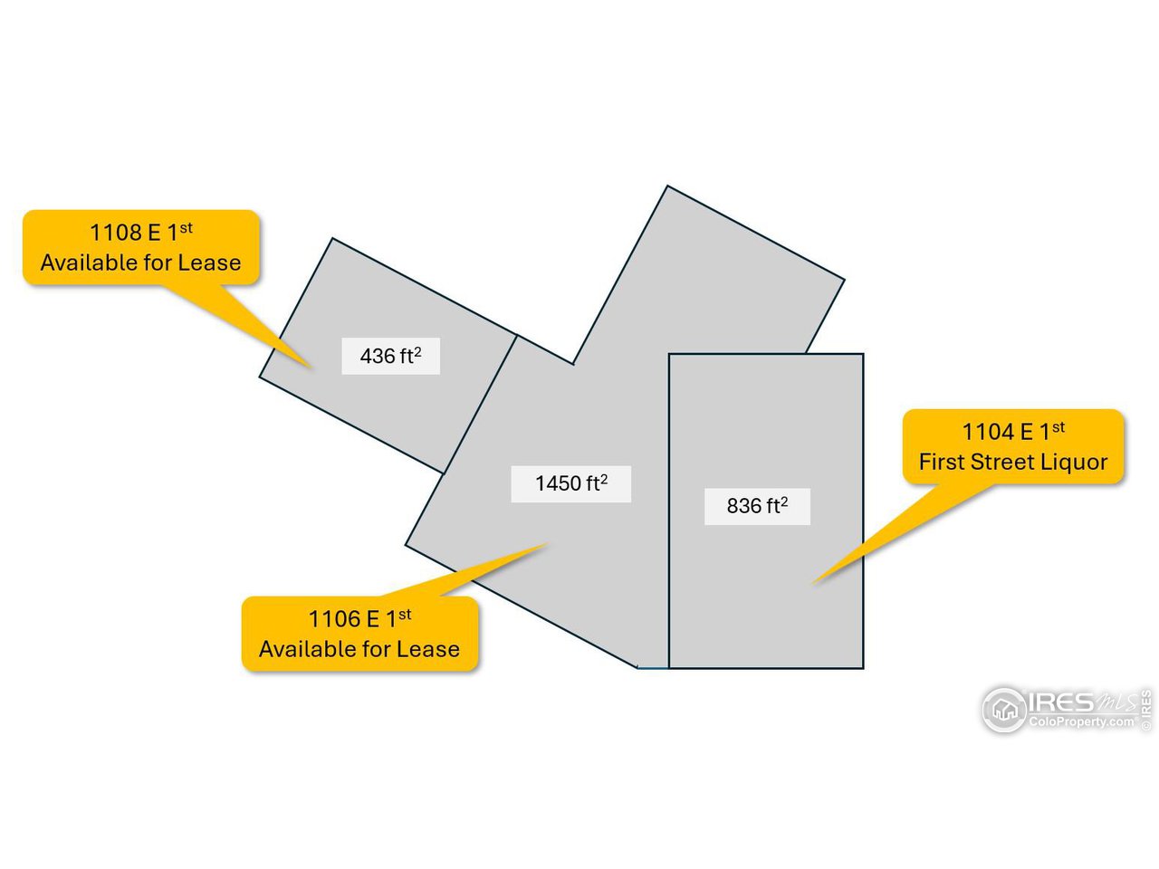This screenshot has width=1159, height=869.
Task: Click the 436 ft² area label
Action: click(x=390, y=356)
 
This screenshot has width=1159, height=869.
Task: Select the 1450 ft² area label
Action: click(x=570, y=483)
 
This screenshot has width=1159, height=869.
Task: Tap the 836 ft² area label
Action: click(x=757, y=506)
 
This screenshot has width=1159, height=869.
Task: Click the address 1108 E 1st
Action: click(x=140, y=233)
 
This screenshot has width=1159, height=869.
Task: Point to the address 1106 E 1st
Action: click(x=359, y=619)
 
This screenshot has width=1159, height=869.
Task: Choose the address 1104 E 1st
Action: click(x=1012, y=432)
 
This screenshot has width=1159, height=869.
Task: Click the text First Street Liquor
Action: click(x=1012, y=463)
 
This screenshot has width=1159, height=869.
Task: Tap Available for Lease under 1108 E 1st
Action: click(x=140, y=263)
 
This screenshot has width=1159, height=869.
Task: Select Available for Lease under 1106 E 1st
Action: click(x=359, y=649)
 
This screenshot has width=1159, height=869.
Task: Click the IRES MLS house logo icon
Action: click(x=1004, y=710)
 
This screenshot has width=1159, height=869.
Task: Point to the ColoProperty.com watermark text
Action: click(x=1081, y=722)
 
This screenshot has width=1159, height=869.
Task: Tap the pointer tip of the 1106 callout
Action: click(x=548, y=544)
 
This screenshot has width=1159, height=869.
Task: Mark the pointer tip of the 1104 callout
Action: click(x=812, y=583)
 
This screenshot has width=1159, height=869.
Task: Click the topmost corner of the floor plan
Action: click(x=667, y=186)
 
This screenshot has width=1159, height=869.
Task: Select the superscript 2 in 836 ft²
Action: click(x=784, y=500)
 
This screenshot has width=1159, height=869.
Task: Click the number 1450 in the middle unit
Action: click(x=558, y=483)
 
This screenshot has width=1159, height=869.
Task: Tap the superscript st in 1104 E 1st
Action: click(x=1058, y=426)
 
